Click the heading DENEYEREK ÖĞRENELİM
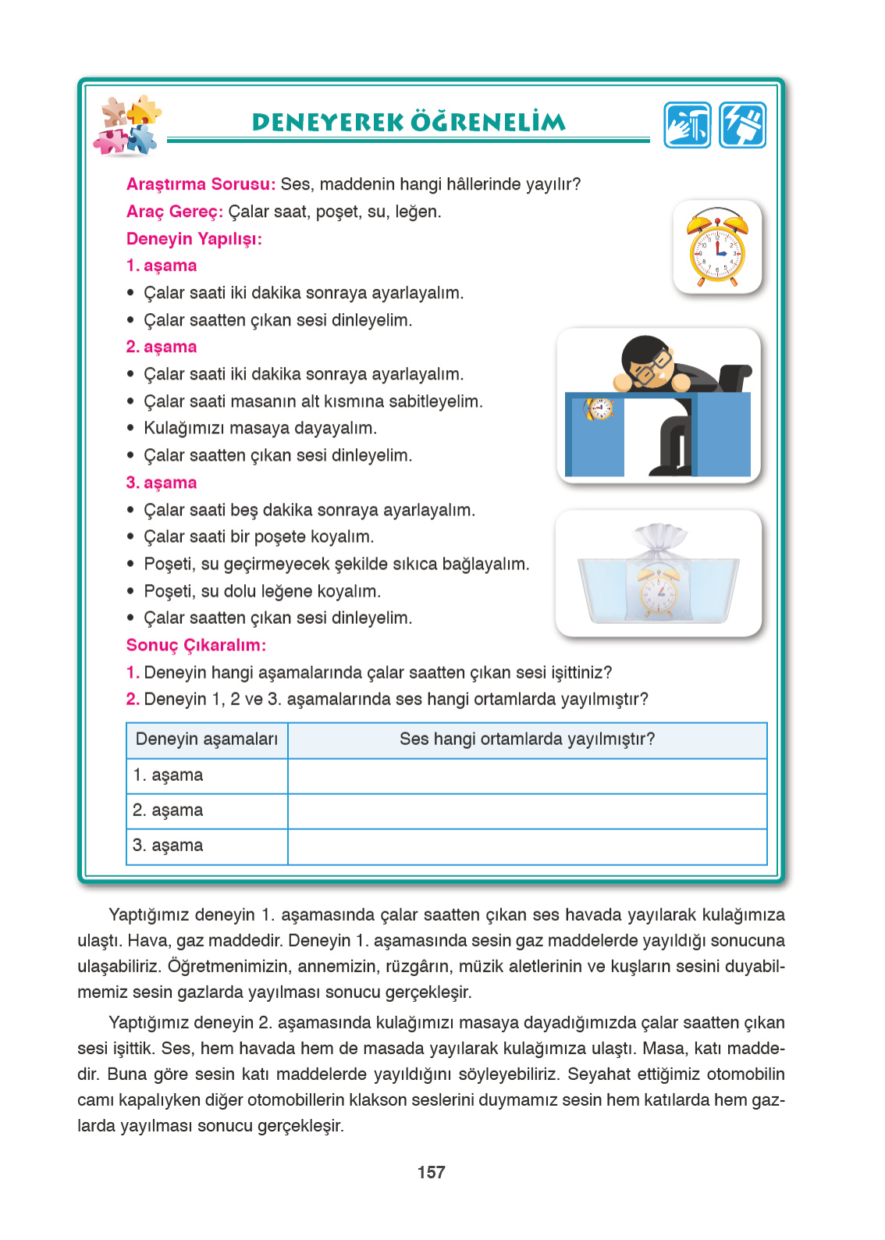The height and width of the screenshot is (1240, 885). [x=408, y=122]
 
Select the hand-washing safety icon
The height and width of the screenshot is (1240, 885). [x=688, y=125]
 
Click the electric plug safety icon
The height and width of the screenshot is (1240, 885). [x=742, y=125]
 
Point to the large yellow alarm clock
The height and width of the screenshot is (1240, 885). [x=716, y=248]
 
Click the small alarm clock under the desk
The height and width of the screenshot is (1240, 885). [x=600, y=408]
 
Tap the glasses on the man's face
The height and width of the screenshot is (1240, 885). [x=652, y=367]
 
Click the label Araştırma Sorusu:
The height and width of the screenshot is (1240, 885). [x=201, y=184]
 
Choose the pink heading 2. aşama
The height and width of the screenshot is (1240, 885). [x=162, y=347]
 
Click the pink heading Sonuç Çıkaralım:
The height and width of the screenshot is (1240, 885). [x=196, y=645]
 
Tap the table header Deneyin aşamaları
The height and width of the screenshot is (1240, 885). [x=207, y=739]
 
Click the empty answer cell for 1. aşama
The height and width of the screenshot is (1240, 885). [x=527, y=775]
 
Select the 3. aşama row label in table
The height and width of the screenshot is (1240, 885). [x=168, y=846]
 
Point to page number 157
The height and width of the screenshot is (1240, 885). [x=431, y=1172]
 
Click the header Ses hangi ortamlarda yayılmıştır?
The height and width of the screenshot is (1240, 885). [x=527, y=739]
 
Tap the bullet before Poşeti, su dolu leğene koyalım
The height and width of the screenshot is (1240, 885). [x=131, y=591]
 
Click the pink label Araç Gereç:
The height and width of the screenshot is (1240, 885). [x=175, y=212]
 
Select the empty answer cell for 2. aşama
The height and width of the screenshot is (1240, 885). [x=527, y=811]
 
